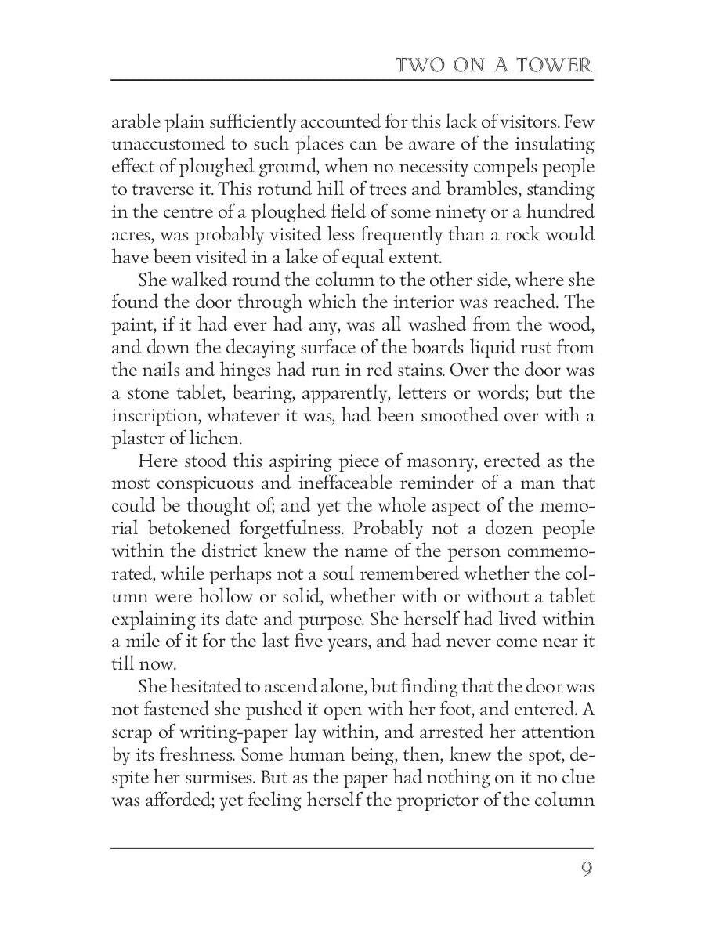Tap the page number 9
586,870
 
